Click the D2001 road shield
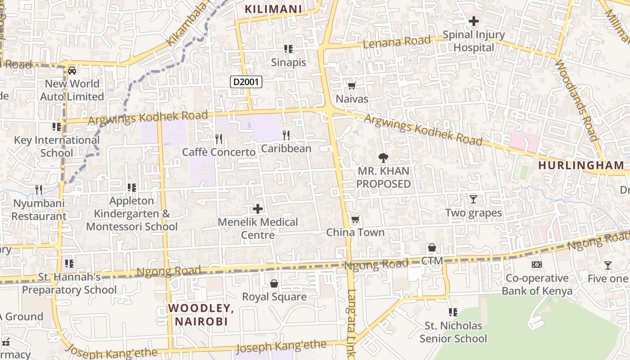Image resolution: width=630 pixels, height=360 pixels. (246, 82)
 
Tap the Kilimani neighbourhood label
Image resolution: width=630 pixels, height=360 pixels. (273, 9)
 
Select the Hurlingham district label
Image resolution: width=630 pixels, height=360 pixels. (581, 165)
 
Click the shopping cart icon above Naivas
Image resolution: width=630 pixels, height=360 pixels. (351, 85)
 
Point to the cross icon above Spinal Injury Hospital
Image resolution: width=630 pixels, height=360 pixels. (473, 21)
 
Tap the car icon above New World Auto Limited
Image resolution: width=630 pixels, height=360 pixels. (72, 70)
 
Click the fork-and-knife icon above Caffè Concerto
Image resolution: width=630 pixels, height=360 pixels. (219, 139)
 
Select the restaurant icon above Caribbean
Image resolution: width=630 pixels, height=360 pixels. (286, 135)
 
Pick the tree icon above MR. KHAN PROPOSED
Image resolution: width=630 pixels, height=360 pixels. (383, 157)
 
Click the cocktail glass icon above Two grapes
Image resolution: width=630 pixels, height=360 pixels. (473, 199)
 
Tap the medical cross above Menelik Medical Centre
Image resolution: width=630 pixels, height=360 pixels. (258, 208)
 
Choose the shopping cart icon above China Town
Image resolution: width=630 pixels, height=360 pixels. (355, 219)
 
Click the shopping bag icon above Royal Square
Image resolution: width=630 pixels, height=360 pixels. (274, 283)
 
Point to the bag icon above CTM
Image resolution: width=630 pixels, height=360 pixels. (432, 247)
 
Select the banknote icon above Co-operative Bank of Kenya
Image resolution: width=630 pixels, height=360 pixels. (537, 265)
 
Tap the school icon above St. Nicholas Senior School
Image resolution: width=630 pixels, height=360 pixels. (453, 312)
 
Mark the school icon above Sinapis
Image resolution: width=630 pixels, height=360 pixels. (288, 49)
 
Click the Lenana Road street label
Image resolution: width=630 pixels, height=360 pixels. (396, 42)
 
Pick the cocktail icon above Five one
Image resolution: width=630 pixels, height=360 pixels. (608, 265)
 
